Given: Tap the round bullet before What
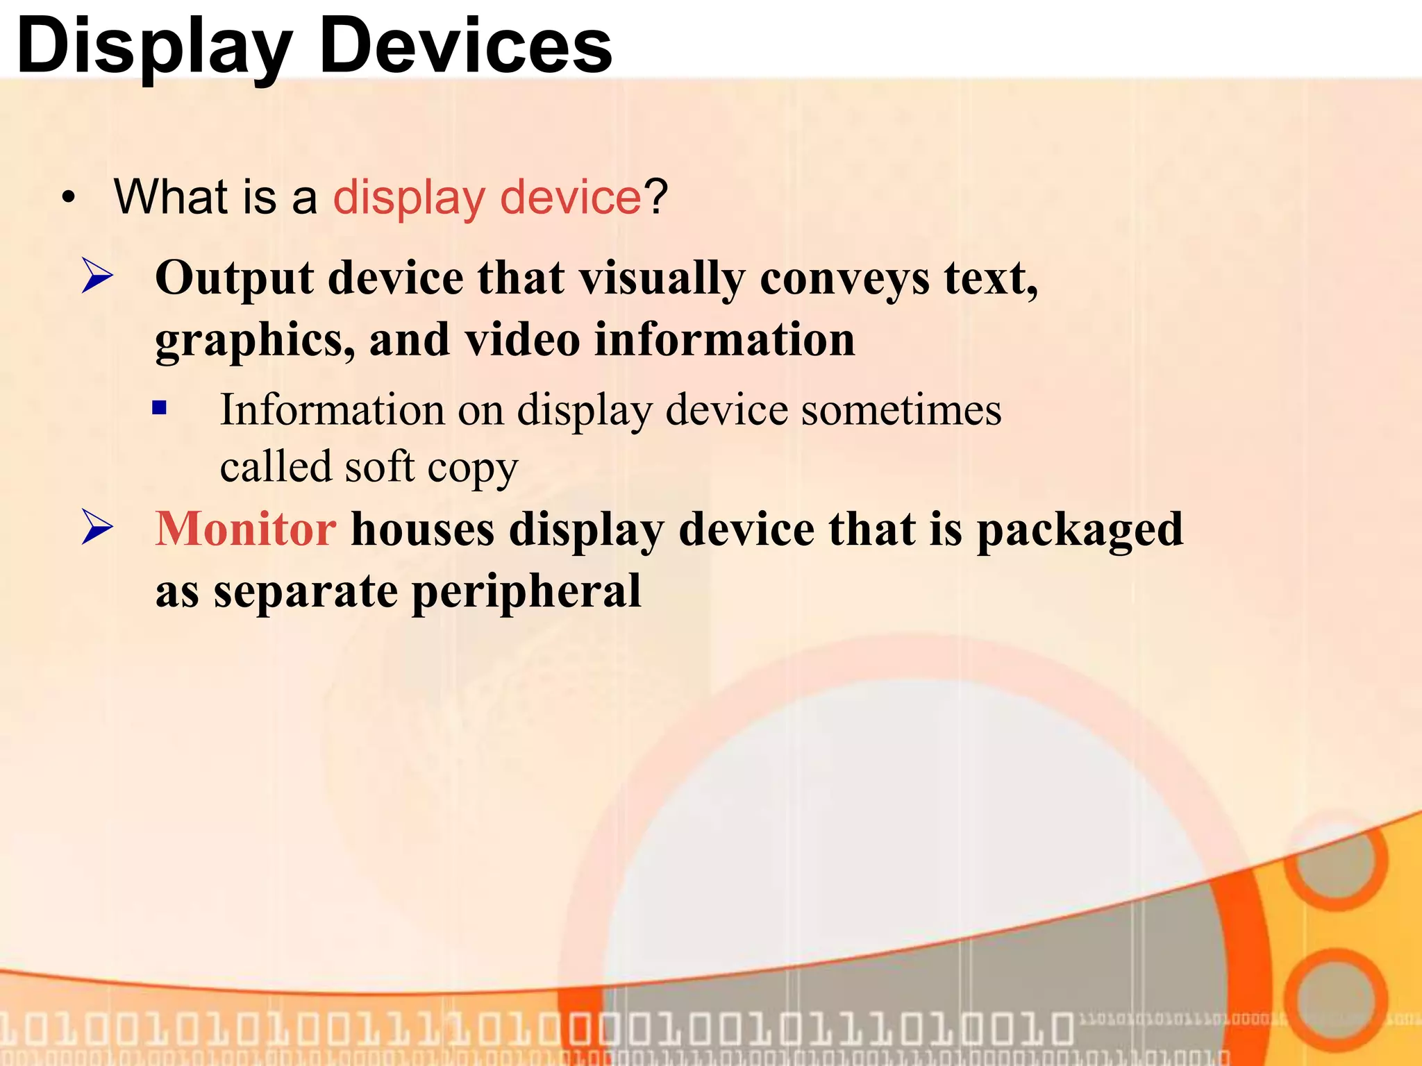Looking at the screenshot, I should click(x=67, y=198).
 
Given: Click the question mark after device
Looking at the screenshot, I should click(x=655, y=197).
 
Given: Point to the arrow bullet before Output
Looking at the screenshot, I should click(x=97, y=276).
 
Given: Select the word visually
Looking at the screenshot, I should click(x=662, y=280).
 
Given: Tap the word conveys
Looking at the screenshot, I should click(x=844, y=280).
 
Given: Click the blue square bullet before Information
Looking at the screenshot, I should click(x=160, y=407).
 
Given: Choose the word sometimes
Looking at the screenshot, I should click(x=901, y=410).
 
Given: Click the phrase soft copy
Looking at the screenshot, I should click(x=431, y=468).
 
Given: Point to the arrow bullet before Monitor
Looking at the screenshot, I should click(x=97, y=527).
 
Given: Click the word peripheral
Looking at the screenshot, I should click(x=526, y=593).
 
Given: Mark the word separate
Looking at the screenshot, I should click(x=306, y=593).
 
